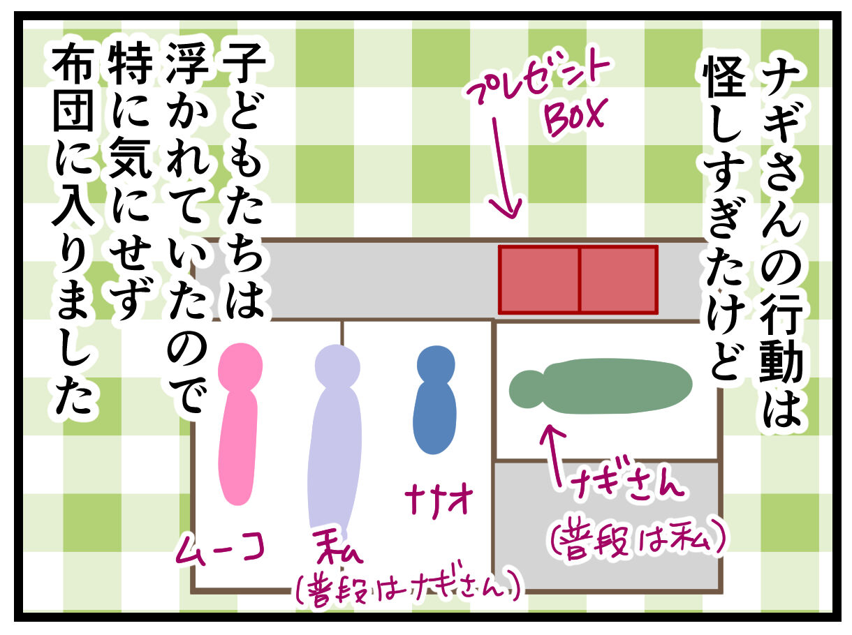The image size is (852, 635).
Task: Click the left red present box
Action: tap(539, 279)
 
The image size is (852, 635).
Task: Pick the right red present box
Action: tap(618, 279)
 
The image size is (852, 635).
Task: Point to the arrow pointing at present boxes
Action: tap(505, 167)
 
